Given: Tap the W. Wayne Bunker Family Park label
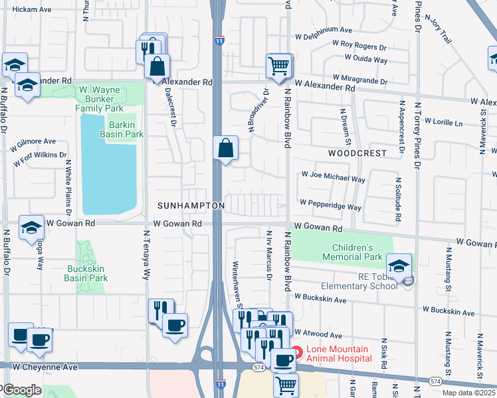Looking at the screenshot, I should point(100,98).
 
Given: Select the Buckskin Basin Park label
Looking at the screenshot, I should point(87,273).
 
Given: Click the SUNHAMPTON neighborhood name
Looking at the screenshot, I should point(191,206).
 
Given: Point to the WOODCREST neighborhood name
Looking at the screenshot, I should point(357,153).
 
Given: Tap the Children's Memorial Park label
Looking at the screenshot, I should point(352,252).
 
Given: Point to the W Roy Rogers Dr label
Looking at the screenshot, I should point(359,46).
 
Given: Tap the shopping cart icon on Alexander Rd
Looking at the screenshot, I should point(278,66).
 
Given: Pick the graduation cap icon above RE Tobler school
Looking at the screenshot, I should point(399,266).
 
